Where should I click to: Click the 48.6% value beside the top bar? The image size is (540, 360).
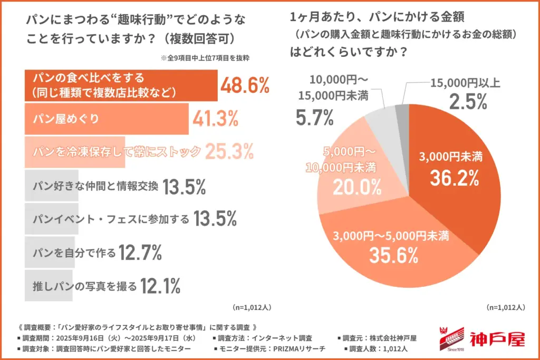click(244, 85)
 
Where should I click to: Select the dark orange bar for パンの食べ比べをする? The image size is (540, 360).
click(121, 85)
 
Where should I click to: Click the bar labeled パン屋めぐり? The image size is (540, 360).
click(106, 119)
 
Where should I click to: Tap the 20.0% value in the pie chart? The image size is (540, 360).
click(356, 186)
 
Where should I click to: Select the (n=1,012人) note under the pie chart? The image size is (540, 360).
click(505, 306)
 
